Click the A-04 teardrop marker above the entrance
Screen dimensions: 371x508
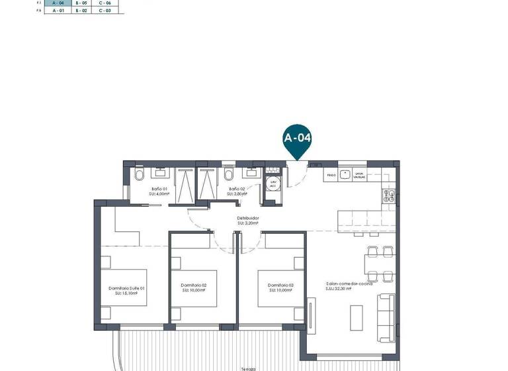pyautogui.click(x=297, y=139)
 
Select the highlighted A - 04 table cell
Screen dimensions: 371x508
pyautogui.click(x=58, y=3)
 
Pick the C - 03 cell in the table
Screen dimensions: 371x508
pyautogui.click(x=105, y=11)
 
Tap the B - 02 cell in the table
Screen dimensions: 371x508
pyautogui.click(x=81, y=11)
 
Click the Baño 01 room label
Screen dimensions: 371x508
pyautogui.click(x=159, y=189)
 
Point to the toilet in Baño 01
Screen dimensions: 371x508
pyautogui.click(x=138, y=175)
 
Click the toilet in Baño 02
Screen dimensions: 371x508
pyautogui.click(x=229, y=175)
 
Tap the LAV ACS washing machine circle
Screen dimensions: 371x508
pyautogui.click(x=272, y=184)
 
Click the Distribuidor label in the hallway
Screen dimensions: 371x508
pyautogui.click(x=248, y=218)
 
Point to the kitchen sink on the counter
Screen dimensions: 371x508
pyautogui.click(x=360, y=176)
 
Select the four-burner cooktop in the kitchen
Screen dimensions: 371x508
pyautogui.click(x=389, y=195)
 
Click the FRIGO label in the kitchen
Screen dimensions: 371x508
pyautogui.click(x=331, y=176)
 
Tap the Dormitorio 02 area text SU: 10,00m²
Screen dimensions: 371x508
pyautogui.click(x=193, y=291)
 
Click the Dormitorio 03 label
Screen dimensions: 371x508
pyautogui.click(x=280, y=286)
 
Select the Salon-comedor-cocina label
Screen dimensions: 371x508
pyautogui.click(x=349, y=284)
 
